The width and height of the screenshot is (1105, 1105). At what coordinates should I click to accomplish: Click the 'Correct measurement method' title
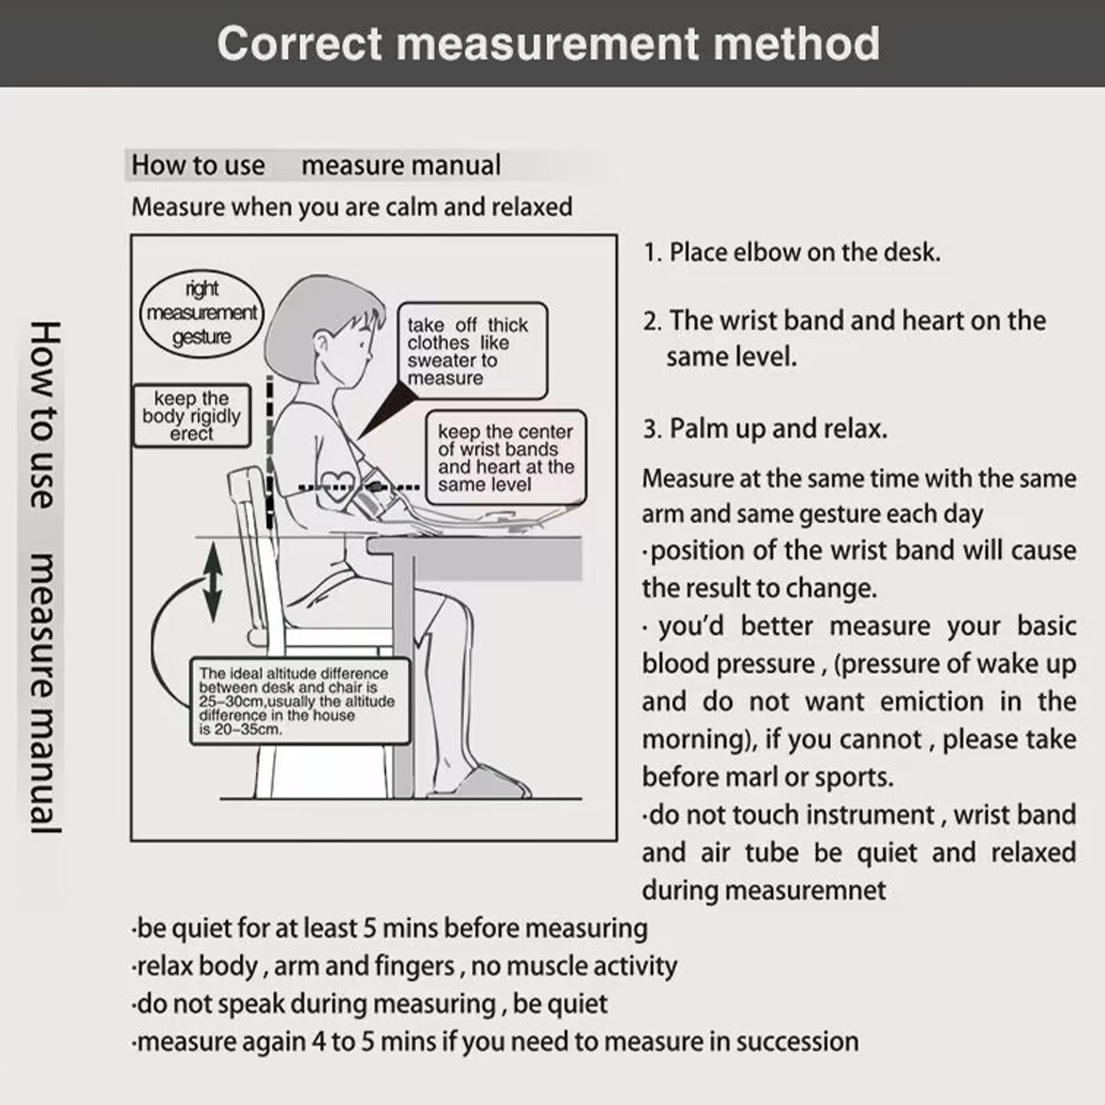click(548, 44)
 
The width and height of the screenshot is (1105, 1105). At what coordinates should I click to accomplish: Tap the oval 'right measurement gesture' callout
click(202, 313)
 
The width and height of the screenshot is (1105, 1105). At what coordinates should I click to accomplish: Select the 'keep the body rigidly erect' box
click(191, 416)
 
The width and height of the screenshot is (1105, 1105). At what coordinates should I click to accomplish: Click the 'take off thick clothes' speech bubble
click(472, 351)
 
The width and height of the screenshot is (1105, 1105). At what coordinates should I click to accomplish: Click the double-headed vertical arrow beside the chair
click(213, 582)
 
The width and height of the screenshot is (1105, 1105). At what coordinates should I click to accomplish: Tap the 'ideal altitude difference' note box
click(298, 701)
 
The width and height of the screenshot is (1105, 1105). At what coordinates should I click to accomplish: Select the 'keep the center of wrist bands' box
click(505, 458)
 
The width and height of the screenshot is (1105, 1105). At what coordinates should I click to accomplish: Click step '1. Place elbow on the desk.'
click(791, 252)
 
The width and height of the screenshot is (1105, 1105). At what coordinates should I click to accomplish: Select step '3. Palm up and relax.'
click(765, 429)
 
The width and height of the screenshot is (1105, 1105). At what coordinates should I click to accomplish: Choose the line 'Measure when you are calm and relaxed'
click(352, 206)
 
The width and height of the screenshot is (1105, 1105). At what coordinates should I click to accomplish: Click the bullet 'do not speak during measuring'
click(370, 1003)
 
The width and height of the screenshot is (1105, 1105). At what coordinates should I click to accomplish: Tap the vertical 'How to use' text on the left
click(46, 414)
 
